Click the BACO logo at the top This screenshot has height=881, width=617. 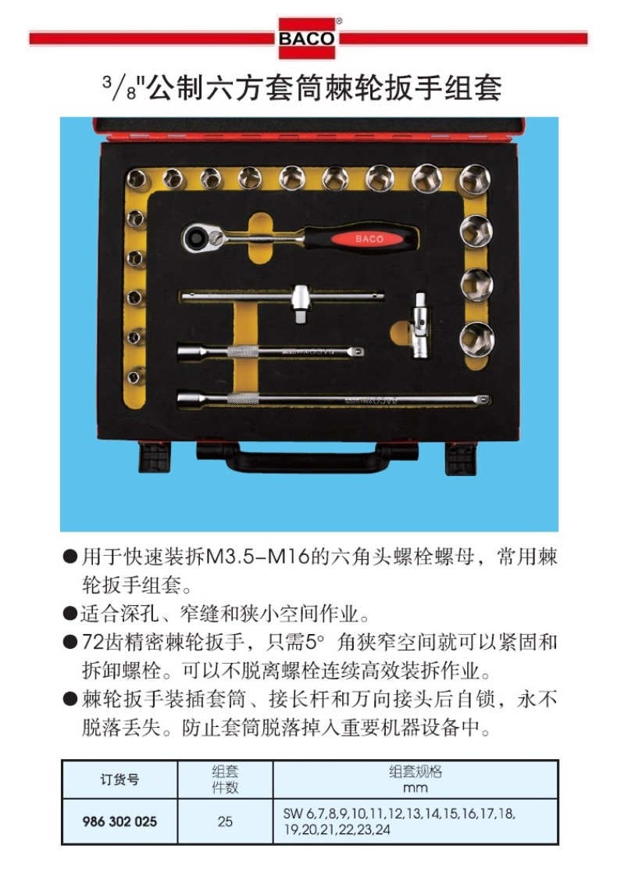tap(307, 38)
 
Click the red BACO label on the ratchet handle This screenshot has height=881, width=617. tap(369, 238)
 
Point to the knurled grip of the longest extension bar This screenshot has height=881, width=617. tap(243, 399)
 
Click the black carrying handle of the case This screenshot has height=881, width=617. tap(307, 457)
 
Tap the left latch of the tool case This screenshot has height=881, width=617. tap(155, 457)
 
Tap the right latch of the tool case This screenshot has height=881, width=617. tap(461, 458)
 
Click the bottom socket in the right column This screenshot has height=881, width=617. tap(476, 338)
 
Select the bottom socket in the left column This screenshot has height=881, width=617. tap(135, 377)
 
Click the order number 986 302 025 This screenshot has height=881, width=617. tap(119, 822)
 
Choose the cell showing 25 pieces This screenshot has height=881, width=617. tap(225, 822)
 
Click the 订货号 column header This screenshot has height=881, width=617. tap(119, 779)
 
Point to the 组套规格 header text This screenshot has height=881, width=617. tap(415, 772)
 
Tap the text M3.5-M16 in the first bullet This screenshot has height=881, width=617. tap(259, 557)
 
